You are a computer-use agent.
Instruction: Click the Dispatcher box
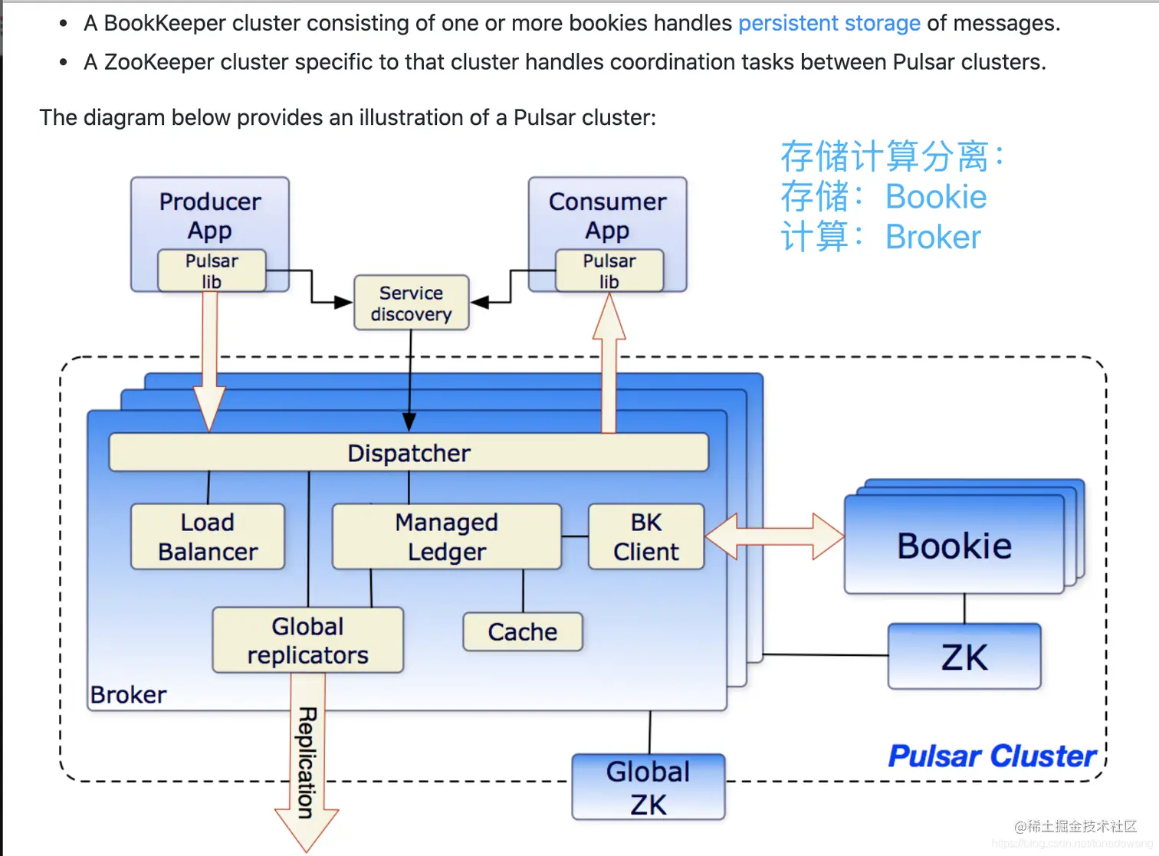pos(409,453)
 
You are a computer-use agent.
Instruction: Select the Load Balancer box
pos(208,536)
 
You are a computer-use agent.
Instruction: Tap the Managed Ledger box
pos(447,536)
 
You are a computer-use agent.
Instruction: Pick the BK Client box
pos(646,536)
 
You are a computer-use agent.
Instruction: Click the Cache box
pos(523,631)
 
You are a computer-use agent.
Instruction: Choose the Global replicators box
pos(307,641)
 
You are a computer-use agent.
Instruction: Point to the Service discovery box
pos(411,303)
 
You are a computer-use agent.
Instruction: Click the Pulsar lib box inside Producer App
pos(212,271)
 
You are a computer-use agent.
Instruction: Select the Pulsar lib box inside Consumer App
pos(609,271)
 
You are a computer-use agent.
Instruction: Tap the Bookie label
pos(954,546)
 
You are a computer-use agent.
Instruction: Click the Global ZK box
pos(648,787)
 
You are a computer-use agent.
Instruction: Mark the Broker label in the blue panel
pos(128,694)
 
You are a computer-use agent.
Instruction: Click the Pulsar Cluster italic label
pos(992,756)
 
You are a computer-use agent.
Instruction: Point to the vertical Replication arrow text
pos(307,763)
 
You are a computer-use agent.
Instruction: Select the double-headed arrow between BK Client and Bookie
pos(774,536)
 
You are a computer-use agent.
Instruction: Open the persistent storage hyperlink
pos(829,23)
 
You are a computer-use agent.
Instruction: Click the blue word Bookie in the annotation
pos(936,197)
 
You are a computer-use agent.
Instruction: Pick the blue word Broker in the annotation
pos(933,238)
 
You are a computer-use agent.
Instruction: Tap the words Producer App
pos(210,215)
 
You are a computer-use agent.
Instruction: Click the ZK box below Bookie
pos(964,657)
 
